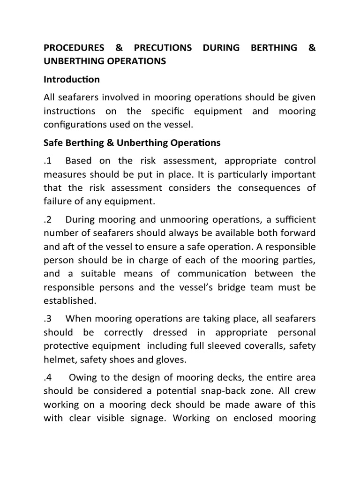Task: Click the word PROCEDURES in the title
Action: pyautogui.click(x=73, y=48)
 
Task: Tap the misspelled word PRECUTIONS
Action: pyautogui.click(x=163, y=48)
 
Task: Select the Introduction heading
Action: pyautogui.click(x=71, y=80)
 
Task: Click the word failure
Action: pyautogui.click(x=58, y=201)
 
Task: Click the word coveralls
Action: pyautogui.click(x=271, y=345)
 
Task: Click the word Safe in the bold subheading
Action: pyautogui.click(x=53, y=142)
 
